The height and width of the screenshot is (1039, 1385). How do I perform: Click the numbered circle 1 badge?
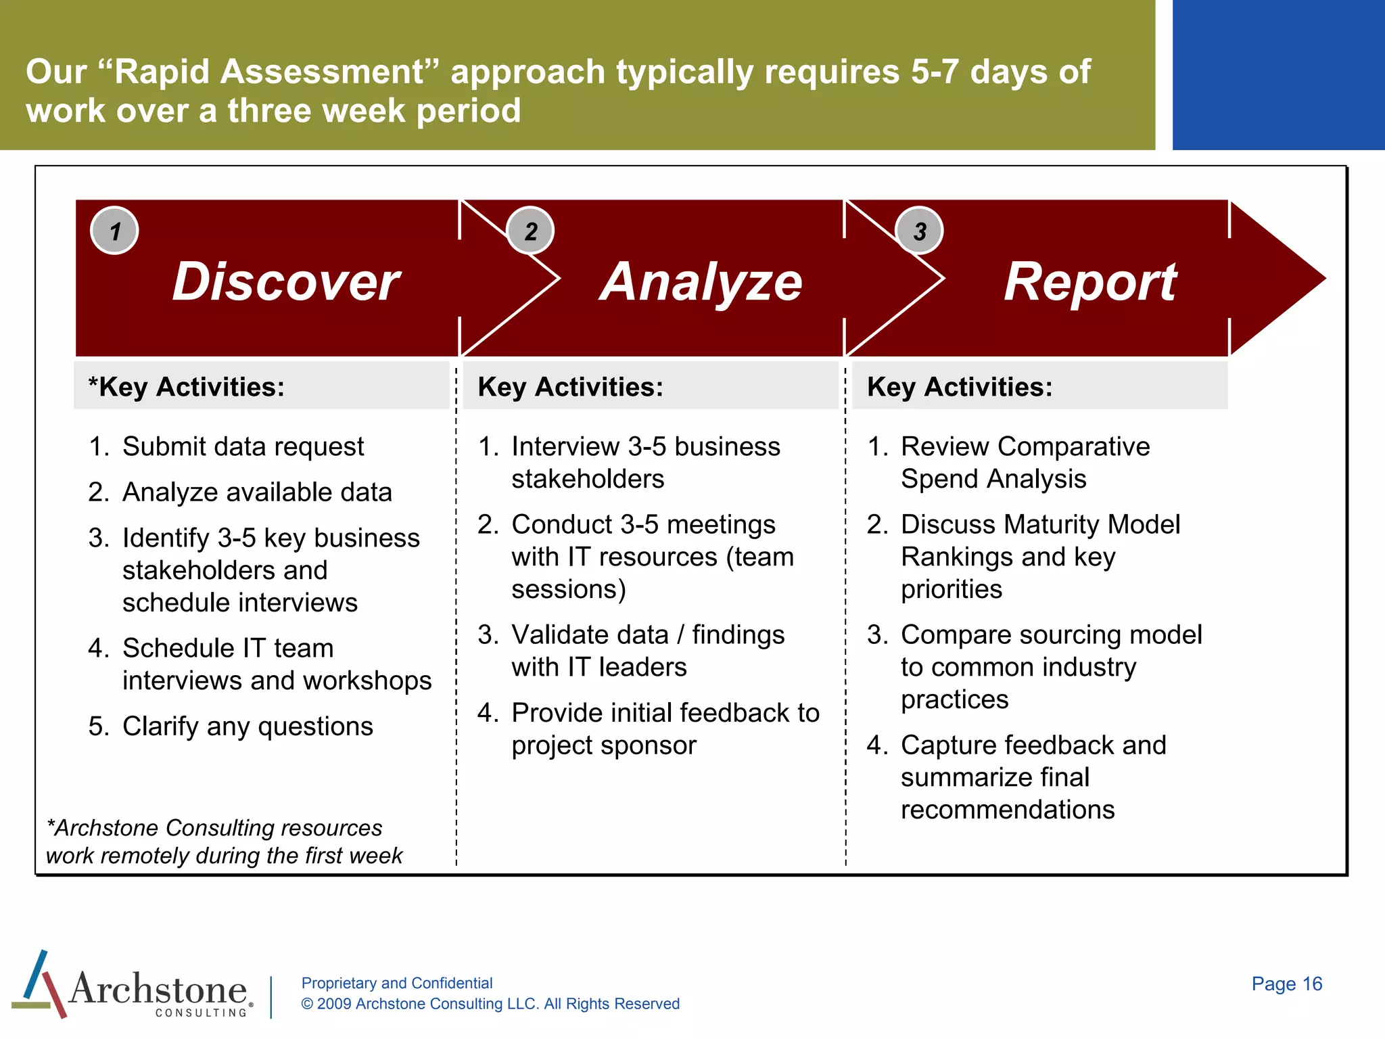114,231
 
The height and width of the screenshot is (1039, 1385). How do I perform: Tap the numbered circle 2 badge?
531,231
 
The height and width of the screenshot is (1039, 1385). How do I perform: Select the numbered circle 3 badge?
919,231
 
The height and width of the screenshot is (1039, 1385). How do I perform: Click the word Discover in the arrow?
286,281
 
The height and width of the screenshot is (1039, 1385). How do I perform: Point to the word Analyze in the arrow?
701,281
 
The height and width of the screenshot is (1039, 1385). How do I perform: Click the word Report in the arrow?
1089,281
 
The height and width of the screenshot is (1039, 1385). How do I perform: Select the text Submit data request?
243,446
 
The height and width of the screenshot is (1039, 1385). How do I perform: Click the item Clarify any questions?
248,726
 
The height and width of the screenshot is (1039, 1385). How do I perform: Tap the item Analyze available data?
257,492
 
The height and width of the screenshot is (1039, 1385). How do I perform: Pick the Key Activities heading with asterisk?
187,387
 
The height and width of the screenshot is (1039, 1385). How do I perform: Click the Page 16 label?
1286,984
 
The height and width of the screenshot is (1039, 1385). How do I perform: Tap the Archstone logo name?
158,989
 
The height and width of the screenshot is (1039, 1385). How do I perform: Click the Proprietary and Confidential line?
397,983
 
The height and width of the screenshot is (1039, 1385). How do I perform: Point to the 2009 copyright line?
490,1004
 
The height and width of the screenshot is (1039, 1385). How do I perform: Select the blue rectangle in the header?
1278,74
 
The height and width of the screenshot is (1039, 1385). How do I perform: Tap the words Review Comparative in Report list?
1025,446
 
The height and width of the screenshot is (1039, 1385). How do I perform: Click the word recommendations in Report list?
1008,810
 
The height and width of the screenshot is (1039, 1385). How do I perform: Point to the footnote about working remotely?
224,842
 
